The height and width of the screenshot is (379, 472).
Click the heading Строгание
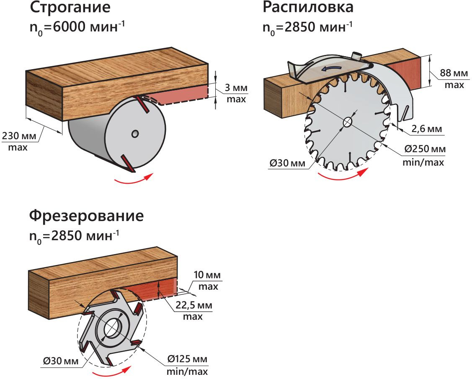(x=70, y=8)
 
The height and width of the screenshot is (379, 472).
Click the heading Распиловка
(x=308, y=7)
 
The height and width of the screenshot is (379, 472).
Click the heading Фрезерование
(x=86, y=216)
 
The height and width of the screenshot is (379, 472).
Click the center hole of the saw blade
(x=348, y=122)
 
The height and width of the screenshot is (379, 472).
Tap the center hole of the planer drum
(x=134, y=133)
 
